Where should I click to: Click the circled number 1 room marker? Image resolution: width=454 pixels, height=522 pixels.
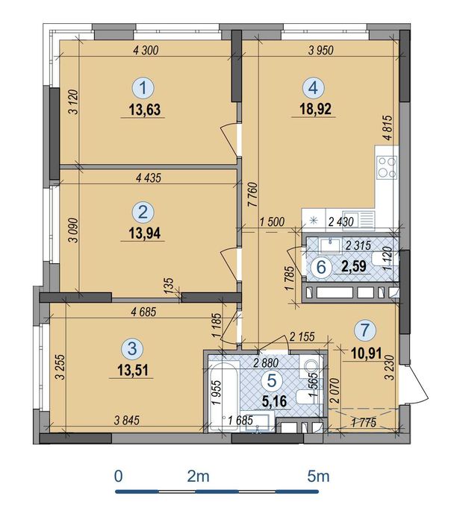pyautogui.click(x=143, y=88)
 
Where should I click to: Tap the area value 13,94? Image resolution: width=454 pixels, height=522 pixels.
pyautogui.click(x=145, y=233)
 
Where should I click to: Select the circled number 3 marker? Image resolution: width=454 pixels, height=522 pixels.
pyautogui.click(x=132, y=349)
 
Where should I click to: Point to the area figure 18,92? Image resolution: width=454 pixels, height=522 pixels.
pyautogui.click(x=316, y=109)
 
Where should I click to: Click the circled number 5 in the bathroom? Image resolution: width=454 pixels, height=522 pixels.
pyautogui.click(x=272, y=380)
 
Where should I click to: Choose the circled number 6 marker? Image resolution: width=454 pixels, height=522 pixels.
pyautogui.click(x=321, y=267)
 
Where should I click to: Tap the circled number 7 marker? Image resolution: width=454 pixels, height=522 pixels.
pyautogui.click(x=365, y=330)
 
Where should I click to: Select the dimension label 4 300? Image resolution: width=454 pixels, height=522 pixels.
pyautogui.click(x=146, y=50)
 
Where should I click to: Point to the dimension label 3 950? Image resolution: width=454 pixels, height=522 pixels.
pyautogui.click(x=321, y=50)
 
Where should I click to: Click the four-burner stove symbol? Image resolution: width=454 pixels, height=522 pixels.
pyautogui.click(x=387, y=168)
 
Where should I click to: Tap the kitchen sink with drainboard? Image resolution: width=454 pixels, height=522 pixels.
pyautogui.click(x=358, y=220)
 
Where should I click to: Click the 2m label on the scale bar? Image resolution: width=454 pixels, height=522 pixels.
pyautogui.click(x=199, y=477)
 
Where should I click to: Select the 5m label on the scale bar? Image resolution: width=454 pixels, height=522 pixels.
pyautogui.click(x=318, y=477)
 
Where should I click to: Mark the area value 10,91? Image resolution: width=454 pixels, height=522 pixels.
pyautogui.click(x=367, y=353)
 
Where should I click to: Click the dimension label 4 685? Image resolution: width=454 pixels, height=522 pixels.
pyautogui.click(x=143, y=312)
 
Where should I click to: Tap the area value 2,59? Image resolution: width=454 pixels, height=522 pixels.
pyautogui.click(x=353, y=266)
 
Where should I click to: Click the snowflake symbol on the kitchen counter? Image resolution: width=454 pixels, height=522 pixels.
pyautogui.click(x=314, y=220)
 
